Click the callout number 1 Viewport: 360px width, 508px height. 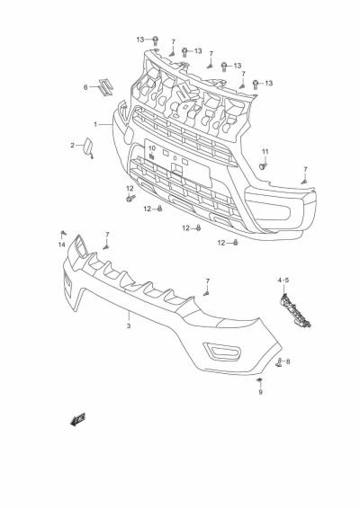(95, 123)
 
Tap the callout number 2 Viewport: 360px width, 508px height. (73, 145)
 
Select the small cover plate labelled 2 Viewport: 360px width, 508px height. (93, 146)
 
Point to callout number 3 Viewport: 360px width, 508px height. (129, 325)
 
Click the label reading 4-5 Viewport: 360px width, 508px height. (283, 281)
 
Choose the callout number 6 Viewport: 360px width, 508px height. (86, 87)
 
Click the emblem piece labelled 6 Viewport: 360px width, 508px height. (106, 86)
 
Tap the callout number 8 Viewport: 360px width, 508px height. (263, 361)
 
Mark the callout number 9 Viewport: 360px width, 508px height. (260, 392)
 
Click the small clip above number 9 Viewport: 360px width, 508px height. (259, 380)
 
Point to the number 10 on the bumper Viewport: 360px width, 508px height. (152, 148)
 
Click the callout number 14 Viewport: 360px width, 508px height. (62, 245)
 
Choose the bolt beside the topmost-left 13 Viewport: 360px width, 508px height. (155, 40)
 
